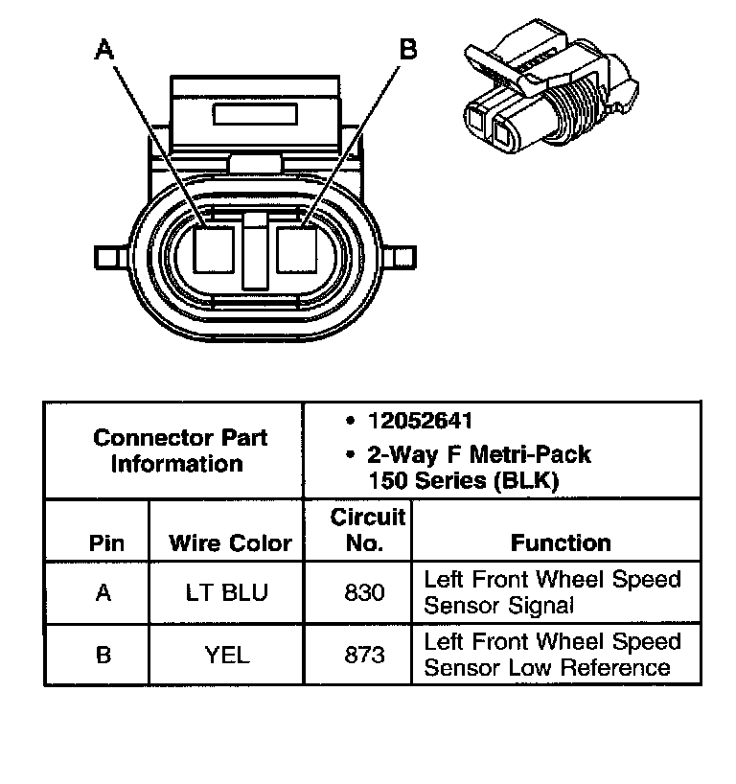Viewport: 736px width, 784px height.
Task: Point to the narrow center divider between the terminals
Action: (256, 251)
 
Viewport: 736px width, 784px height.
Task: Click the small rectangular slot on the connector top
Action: (256, 117)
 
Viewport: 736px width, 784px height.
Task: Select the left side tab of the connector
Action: (107, 256)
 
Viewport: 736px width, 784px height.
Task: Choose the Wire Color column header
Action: (230, 543)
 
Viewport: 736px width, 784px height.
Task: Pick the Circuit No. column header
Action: (367, 530)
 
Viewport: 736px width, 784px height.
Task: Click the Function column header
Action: (560, 543)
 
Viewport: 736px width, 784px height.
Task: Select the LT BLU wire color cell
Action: (227, 593)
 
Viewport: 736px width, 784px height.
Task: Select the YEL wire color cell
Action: (227, 656)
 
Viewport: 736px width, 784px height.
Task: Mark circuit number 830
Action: (364, 593)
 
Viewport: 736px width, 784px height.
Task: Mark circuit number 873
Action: (364, 656)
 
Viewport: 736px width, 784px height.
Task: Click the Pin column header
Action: (106, 543)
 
